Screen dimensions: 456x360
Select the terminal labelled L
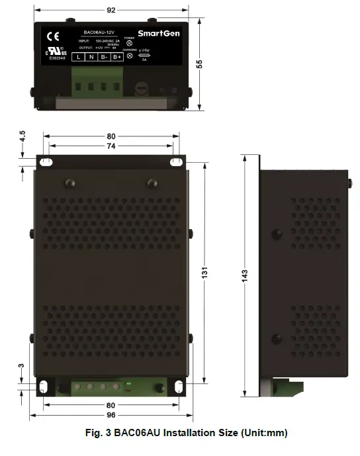click(x=78, y=57)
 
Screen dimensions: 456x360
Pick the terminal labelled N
click(x=91, y=57)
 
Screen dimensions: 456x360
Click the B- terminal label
click(x=104, y=57)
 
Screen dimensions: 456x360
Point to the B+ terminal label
click(x=117, y=57)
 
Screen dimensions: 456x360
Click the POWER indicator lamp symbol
click(x=129, y=43)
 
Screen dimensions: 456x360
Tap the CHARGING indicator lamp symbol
click(x=129, y=56)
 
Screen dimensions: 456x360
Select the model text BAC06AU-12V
click(x=99, y=32)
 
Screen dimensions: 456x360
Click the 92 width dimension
click(x=111, y=11)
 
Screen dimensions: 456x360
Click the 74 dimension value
click(x=111, y=146)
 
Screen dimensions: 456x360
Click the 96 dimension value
click(x=111, y=415)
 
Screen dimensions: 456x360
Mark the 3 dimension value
click(x=22, y=366)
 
